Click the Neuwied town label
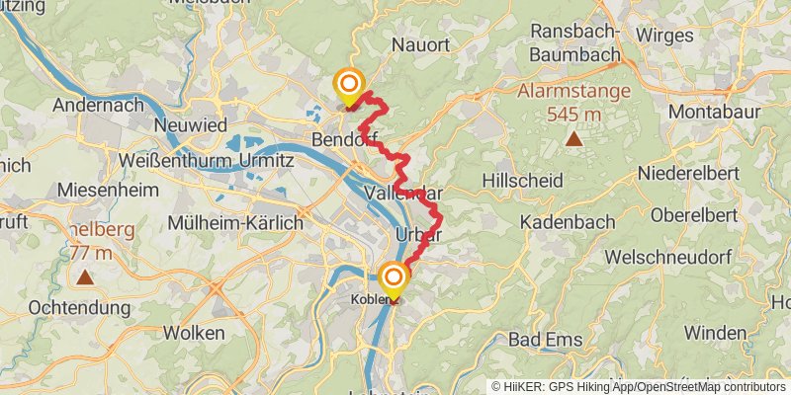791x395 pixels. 191,125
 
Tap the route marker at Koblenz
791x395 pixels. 394,278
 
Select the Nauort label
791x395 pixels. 420,45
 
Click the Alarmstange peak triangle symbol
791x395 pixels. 573,139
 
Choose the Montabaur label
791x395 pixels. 714,112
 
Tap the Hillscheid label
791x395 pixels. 523,181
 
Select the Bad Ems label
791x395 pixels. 545,340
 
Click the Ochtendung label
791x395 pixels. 79,308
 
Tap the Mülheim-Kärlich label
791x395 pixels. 235,222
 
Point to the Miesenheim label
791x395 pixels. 105,189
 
